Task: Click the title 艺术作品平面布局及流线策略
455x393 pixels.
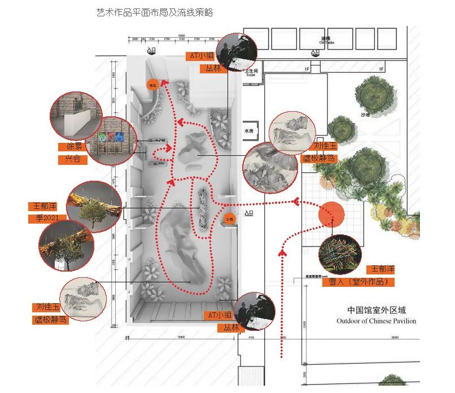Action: tap(155, 12)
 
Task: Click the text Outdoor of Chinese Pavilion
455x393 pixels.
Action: tap(376, 321)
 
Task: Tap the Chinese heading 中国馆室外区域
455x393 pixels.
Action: tap(377, 310)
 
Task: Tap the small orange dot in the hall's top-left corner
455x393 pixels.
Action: tap(152, 85)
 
